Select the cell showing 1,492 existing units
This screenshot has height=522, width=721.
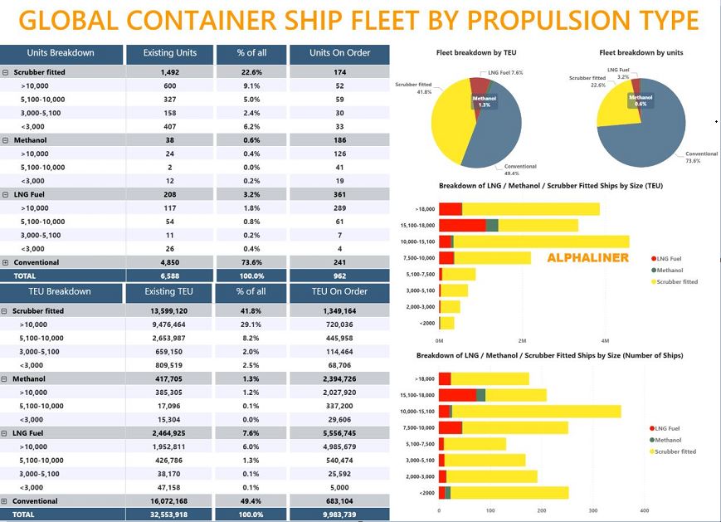pyautogui.click(x=169, y=72)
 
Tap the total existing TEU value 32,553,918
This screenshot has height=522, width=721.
pyautogui.click(x=169, y=515)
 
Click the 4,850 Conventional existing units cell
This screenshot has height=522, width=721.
pyautogui.click(x=169, y=262)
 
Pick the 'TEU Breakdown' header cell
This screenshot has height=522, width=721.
pyautogui.click(x=61, y=292)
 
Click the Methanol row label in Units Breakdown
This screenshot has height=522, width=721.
pyautogui.click(x=30, y=140)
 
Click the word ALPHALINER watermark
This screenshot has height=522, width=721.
pyautogui.click(x=587, y=258)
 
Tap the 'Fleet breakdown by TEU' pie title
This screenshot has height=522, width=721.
pyautogui.click(x=476, y=53)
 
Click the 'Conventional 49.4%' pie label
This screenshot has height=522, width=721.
pyautogui.click(x=520, y=169)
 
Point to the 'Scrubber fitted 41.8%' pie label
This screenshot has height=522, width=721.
pyautogui.click(x=413, y=88)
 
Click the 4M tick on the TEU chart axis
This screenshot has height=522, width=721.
pyautogui.click(x=605, y=341)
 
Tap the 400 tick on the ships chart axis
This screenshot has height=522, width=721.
pyautogui.click(x=645, y=510)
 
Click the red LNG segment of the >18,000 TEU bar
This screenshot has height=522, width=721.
pyautogui.click(x=450, y=209)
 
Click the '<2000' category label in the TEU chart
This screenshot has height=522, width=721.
pyautogui.click(x=426, y=323)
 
